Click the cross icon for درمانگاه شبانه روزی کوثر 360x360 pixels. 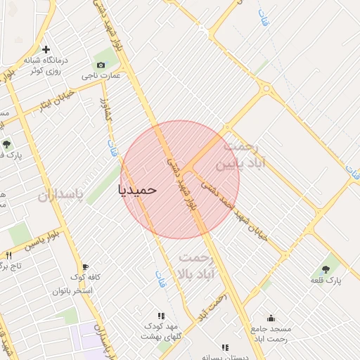point(46,50)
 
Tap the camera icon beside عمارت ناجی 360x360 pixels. point(101,65)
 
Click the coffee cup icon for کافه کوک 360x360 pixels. point(85,267)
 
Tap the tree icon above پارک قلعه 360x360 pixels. point(326,269)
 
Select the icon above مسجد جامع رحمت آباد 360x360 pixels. point(271,318)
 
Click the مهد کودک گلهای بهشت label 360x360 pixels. point(162,331)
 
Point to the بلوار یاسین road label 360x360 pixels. point(44,243)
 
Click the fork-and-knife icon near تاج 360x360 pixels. point(8,255)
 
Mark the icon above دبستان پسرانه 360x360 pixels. point(225,347)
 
